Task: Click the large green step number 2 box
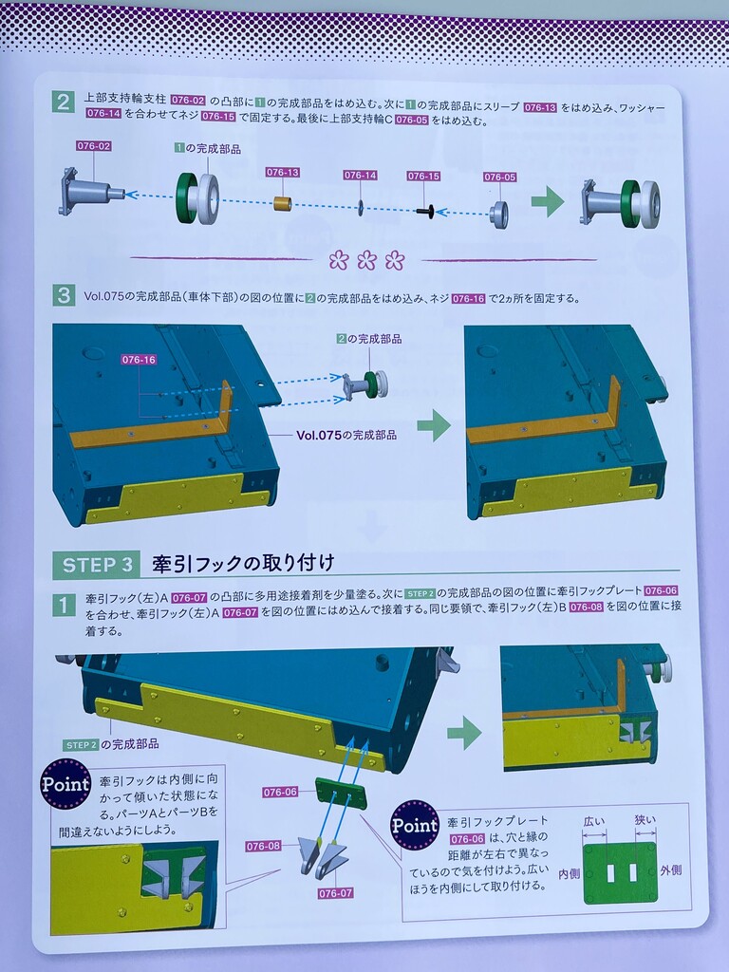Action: (x=62, y=102)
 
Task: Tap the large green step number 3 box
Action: (x=63, y=295)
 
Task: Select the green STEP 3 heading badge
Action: (x=98, y=565)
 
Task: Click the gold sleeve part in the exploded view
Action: (x=283, y=203)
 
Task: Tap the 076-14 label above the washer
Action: (x=360, y=176)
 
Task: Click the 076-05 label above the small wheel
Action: (x=499, y=178)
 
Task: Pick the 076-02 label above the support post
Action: (x=94, y=146)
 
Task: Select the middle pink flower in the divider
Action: (x=366, y=260)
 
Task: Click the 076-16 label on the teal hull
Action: (x=139, y=360)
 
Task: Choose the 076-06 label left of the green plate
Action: (x=280, y=792)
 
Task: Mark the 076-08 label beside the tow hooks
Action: (x=264, y=846)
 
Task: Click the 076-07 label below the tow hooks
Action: (x=335, y=893)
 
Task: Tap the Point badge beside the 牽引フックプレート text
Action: (x=415, y=825)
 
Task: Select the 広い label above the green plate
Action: (x=594, y=821)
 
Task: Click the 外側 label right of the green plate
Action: (x=671, y=870)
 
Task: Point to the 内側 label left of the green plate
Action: (x=570, y=873)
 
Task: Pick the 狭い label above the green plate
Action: (x=645, y=819)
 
